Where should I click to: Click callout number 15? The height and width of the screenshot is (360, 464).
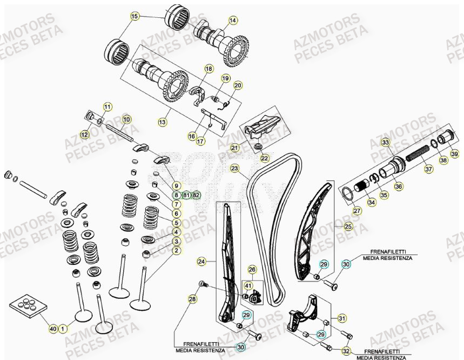[x=135, y=16]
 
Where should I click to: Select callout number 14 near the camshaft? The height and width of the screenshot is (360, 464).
[x=233, y=21]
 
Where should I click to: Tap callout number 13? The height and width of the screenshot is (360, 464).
[x=162, y=123]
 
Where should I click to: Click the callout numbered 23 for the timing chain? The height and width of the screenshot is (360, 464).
[x=234, y=168]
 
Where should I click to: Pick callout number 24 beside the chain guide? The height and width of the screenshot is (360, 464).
[x=201, y=262]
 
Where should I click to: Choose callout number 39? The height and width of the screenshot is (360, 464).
[x=454, y=155]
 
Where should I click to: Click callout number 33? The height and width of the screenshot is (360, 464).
[x=385, y=143]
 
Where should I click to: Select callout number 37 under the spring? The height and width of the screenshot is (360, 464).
[x=428, y=169]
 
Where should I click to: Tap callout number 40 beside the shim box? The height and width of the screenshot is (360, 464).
[x=52, y=328]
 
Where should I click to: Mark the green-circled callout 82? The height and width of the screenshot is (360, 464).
[x=196, y=195]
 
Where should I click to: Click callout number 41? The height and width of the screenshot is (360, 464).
[x=248, y=285]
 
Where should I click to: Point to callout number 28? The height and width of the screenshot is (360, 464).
[x=192, y=299]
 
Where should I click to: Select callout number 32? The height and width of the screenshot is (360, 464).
[x=346, y=350]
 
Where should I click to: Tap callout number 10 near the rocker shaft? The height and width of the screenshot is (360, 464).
[x=126, y=119]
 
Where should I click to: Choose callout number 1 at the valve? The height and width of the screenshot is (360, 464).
[x=63, y=328]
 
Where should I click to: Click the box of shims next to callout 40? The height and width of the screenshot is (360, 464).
[x=25, y=306]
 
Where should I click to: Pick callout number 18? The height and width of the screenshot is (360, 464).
[x=209, y=69]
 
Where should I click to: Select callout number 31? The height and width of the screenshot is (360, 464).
[x=341, y=318]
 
